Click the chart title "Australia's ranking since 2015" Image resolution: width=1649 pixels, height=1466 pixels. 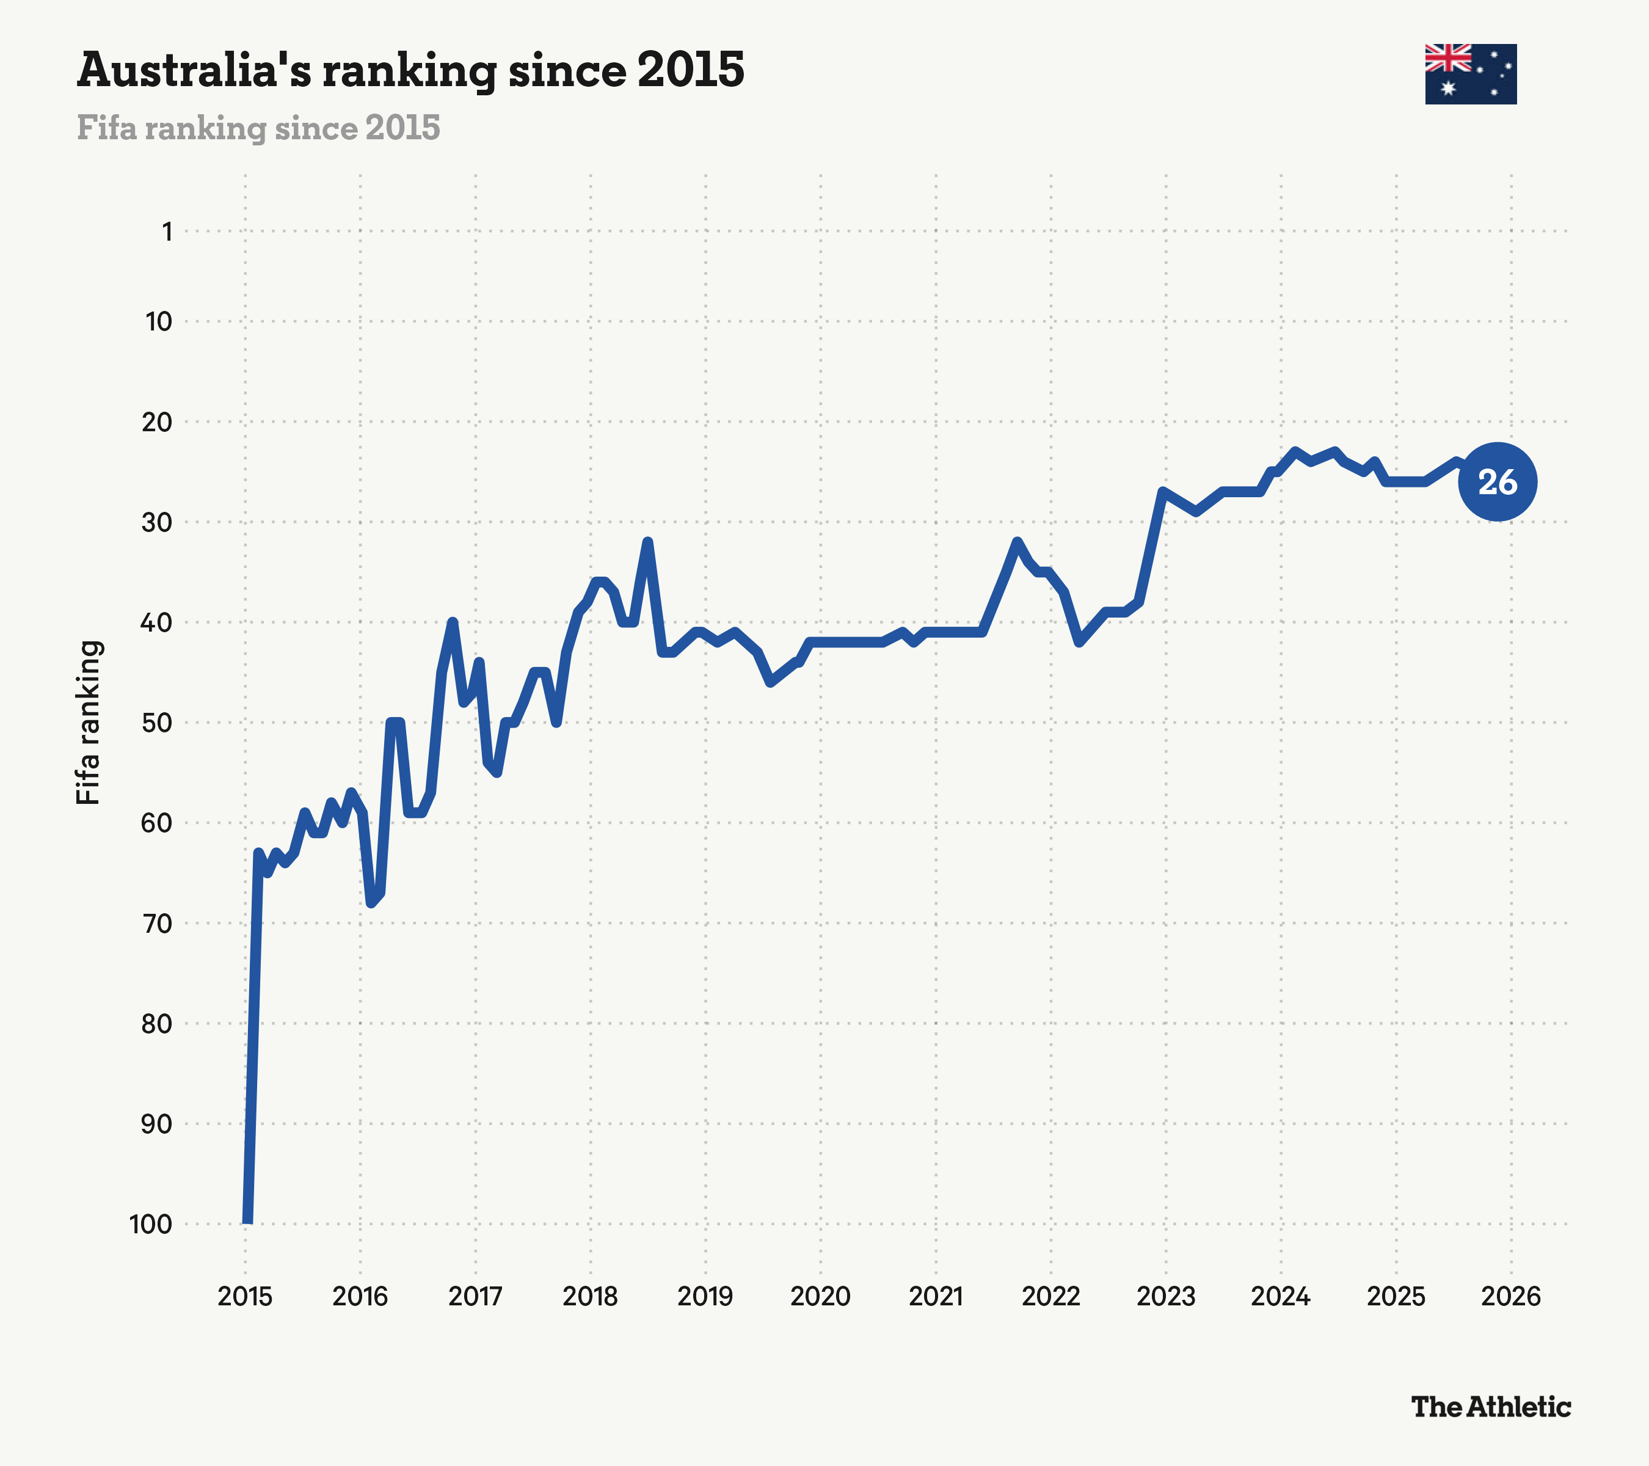[410, 70]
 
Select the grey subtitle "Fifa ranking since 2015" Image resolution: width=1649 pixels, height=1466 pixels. [258, 128]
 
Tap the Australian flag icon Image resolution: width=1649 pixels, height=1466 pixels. [1470, 75]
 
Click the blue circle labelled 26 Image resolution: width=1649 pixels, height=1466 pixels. [1498, 483]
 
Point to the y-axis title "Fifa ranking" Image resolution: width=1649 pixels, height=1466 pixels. [88, 722]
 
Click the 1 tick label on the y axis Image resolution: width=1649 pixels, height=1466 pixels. [167, 232]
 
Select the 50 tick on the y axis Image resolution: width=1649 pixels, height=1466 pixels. [158, 723]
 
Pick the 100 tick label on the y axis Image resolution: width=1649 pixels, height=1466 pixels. [151, 1224]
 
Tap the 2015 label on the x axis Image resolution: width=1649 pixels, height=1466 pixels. [246, 1297]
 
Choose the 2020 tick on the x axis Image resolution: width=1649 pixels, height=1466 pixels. [820, 1297]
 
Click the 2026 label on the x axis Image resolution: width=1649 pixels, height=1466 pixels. [1511, 1297]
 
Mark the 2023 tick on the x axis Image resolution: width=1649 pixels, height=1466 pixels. [1166, 1297]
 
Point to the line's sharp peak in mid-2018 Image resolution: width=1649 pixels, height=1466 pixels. [647, 542]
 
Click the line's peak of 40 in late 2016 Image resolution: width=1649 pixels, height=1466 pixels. [453, 622]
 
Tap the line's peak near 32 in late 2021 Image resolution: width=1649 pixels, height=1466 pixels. [1016, 542]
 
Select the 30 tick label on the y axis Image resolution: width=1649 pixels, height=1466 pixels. [158, 523]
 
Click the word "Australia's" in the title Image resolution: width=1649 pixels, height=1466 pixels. [194, 70]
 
